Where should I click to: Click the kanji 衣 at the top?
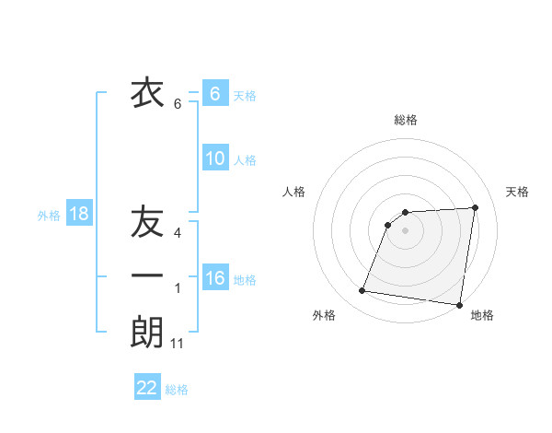147,93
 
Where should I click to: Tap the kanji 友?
147,223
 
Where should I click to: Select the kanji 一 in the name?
147,275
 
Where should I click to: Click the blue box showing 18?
79,215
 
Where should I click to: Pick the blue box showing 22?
147,388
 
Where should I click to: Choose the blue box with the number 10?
215,158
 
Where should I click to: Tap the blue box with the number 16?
215,278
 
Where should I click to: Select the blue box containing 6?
215,94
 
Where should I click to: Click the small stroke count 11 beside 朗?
178,344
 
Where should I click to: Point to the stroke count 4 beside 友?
178,232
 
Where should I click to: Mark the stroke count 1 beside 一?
178,288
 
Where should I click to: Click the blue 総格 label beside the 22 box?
177,390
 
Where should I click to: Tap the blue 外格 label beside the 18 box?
49,216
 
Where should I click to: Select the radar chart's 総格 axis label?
406,120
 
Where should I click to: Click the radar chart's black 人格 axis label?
294,192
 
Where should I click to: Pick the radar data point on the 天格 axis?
475,207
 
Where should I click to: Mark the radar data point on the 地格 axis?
459,305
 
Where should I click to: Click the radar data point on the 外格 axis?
362,291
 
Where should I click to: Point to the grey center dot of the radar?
406,230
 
